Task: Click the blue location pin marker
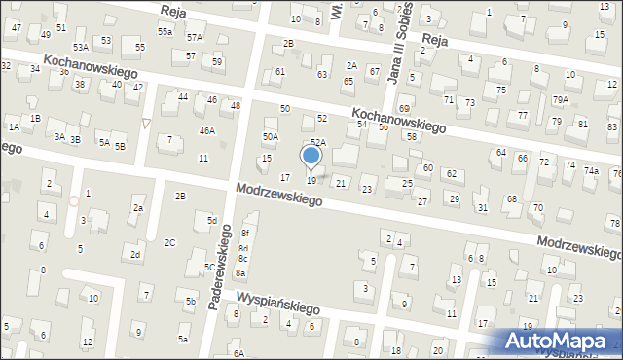coord(311,157)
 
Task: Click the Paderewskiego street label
coord(219,267)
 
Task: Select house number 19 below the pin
coord(311,181)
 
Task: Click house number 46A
coord(206,130)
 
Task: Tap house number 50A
coord(270,137)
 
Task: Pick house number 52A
coord(317,143)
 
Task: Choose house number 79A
coord(560,100)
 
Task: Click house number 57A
coord(195,37)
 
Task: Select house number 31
coord(481,208)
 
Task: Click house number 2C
coord(169,242)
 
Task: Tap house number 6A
coord(238,353)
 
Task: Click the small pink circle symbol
coord(74,199)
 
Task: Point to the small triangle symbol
coord(146,123)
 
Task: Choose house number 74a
coord(591,171)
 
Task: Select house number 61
coord(280,72)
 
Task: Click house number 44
coord(183,97)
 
